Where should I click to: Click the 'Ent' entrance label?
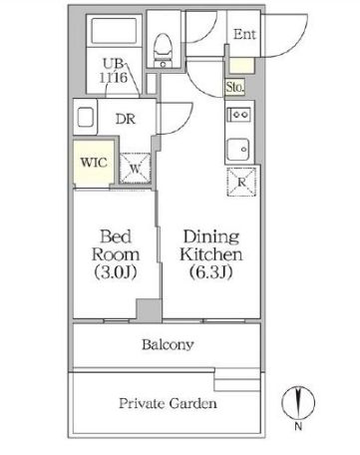244,33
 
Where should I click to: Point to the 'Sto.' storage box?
236,87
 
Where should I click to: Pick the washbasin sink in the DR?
83,116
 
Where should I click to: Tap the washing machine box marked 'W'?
136,167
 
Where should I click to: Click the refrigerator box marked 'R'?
241,184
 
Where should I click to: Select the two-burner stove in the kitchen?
239,115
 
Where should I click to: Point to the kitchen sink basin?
239,151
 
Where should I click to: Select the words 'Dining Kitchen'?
209,246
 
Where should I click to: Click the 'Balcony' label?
168,345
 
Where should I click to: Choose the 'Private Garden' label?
168,404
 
